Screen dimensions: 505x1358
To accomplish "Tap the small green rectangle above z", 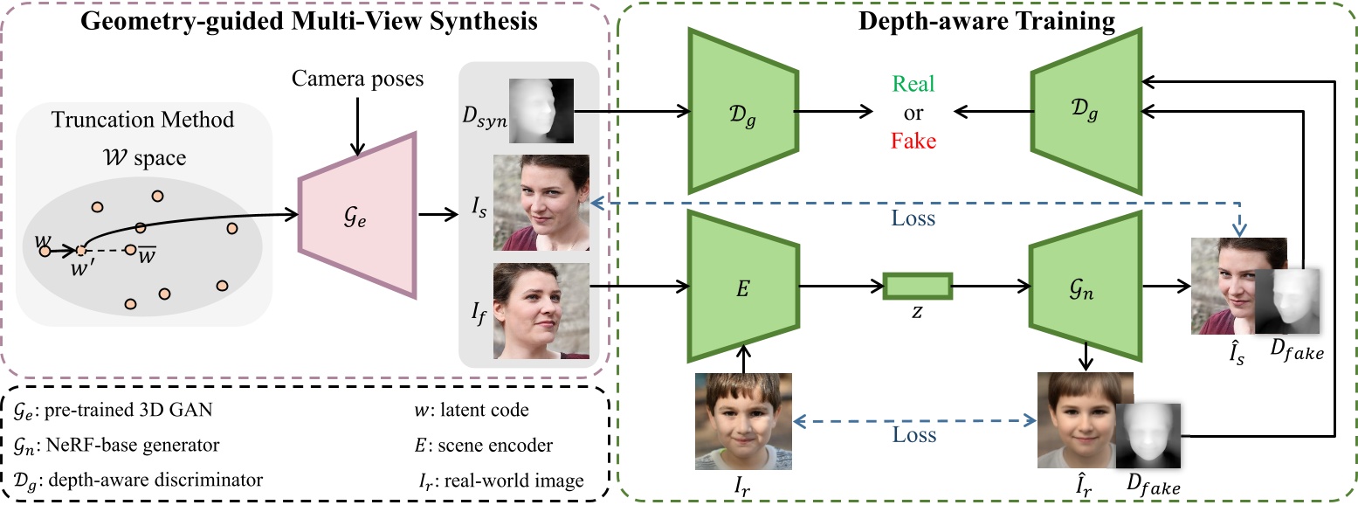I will point(917,287).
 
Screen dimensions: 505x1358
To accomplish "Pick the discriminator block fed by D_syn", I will point(741,111).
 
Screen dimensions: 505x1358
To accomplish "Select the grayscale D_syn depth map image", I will point(542,110).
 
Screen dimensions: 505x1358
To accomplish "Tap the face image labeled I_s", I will point(542,202).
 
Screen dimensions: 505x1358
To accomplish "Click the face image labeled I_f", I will point(542,311).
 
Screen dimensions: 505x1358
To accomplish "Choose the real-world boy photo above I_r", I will point(743,422).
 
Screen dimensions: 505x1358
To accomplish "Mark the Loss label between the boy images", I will point(914,434).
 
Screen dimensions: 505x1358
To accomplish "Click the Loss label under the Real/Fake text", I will point(913,218).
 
